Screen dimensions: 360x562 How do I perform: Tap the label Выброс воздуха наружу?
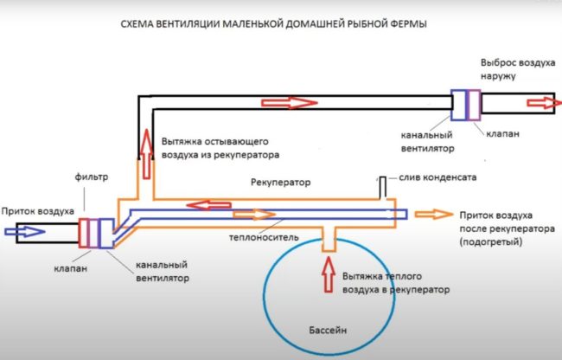pyautogui.click(x=509, y=70)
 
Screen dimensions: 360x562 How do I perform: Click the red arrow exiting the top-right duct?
pyautogui.click(x=541, y=102)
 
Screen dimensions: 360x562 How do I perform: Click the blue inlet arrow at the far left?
pyautogui.click(x=22, y=231)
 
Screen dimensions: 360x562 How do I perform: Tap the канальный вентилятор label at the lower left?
pyautogui.click(x=163, y=273)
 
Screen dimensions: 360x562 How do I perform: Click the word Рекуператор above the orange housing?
pyautogui.click(x=280, y=183)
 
